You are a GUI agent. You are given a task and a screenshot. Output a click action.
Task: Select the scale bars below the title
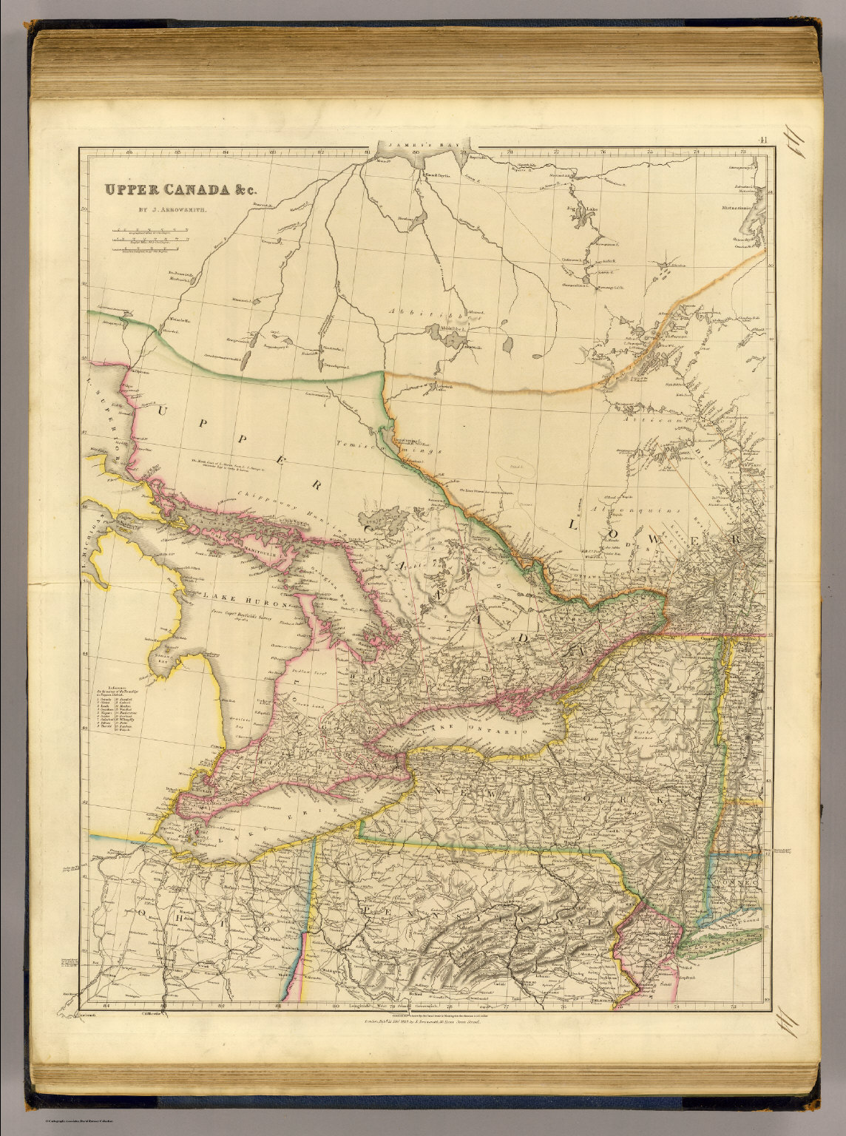click(x=150, y=240)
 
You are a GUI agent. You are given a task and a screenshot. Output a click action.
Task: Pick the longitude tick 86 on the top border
click(x=129, y=153)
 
